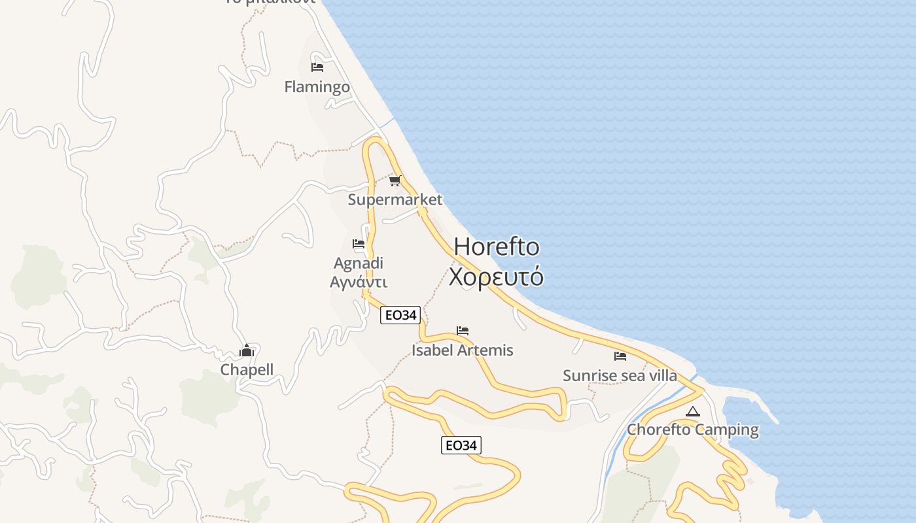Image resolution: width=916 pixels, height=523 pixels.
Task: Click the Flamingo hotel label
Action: pos(317,87)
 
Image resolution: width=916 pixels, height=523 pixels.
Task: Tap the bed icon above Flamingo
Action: pos(317,67)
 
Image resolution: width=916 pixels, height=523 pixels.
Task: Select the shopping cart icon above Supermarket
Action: pos(395,180)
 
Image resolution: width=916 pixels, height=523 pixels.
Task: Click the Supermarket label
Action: pos(395,200)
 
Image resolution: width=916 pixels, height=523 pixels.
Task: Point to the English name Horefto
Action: pos(497,246)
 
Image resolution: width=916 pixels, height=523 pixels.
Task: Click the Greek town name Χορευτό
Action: pos(496,277)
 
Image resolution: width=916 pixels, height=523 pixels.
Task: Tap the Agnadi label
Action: pos(359,263)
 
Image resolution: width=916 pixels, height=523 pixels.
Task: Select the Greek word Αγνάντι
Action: pos(359,282)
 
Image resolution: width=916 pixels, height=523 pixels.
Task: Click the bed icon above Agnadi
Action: pos(359,244)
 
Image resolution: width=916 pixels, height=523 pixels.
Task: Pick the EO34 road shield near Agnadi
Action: pos(400,315)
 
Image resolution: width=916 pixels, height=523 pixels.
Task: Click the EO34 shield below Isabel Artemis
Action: pos(461,446)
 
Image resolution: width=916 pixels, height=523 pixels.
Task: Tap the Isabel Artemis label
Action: pos(463,350)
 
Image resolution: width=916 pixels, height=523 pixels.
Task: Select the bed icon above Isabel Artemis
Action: pos(463,331)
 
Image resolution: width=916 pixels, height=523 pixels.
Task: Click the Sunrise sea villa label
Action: pos(620,376)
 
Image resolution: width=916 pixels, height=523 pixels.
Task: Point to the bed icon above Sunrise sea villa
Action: pos(620,356)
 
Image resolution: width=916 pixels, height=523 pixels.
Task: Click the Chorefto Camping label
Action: pos(693,430)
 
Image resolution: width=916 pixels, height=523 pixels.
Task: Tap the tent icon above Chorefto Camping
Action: pos(693,411)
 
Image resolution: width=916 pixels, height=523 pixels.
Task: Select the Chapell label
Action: pos(247,370)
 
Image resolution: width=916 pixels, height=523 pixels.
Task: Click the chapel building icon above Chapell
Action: pos(247,351)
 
